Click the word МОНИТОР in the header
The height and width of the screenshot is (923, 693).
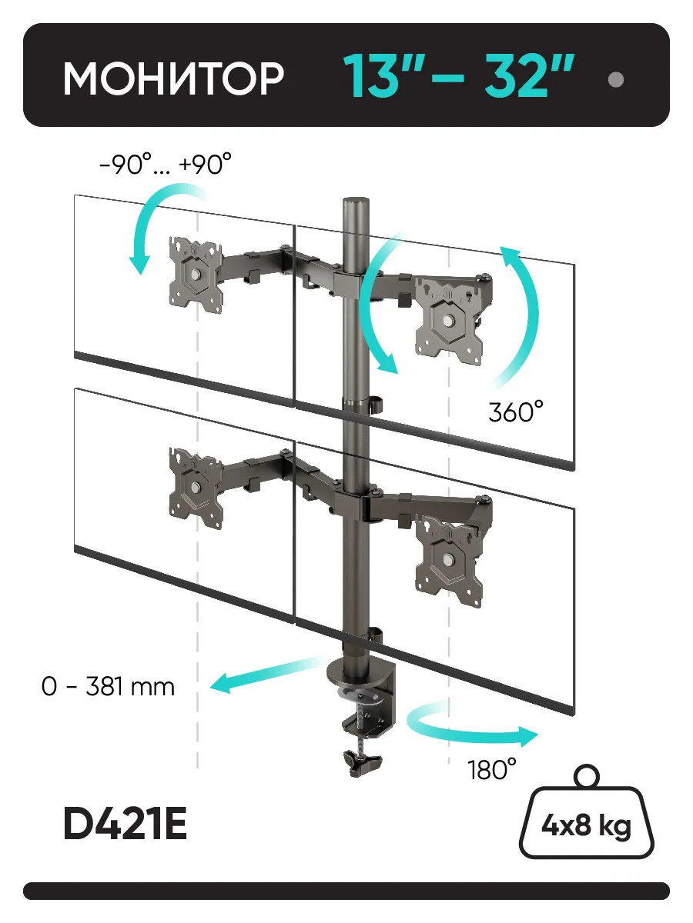click(x=173, y=78)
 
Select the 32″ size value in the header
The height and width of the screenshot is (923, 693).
click(x=529, y=75)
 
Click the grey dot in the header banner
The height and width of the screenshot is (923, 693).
click(x=615, y=79)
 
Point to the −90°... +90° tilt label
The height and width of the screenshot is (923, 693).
click(x=166, y=164)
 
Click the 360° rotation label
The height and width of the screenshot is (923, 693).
click(x=516, y=412)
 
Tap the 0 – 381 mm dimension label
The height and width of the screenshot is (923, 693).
click(x=108, y=687)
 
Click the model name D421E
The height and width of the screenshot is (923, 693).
click(x=126, y=825)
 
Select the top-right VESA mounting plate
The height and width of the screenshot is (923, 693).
click(x=449, y=318)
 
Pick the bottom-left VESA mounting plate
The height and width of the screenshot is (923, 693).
click(x=196, y=488)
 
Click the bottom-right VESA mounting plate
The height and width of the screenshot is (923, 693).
click(x=449, y=560)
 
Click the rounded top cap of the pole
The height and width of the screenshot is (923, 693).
click(x=357, y=203)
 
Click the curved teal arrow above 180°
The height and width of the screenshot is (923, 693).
click(x=467, y=734)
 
